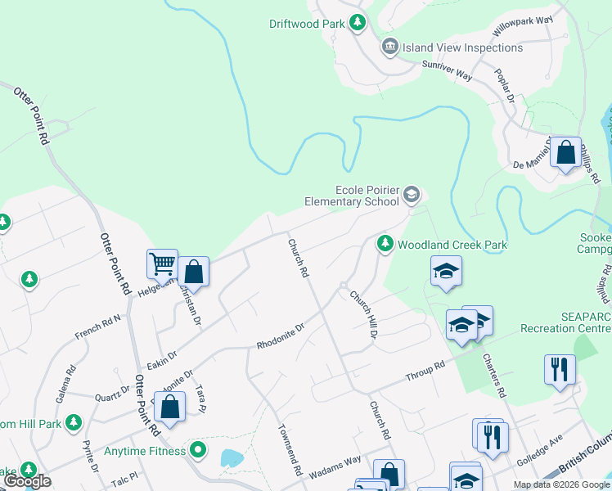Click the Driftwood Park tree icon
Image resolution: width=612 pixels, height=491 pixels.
[357, 24]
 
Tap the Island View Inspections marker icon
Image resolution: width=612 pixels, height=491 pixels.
[389, 47]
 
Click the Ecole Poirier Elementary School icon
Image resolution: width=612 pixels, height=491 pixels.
[411, 195]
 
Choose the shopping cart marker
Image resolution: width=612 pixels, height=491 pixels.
[162, 265]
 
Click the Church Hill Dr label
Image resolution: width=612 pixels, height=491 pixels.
[363, 314]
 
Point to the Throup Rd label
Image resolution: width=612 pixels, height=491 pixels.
[425, 372]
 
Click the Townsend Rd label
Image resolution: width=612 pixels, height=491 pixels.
[290, 450]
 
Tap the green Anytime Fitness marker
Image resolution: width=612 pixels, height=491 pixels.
[197, 449]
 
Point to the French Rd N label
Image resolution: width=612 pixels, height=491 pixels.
[97, 327]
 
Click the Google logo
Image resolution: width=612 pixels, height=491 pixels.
[27, 481]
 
